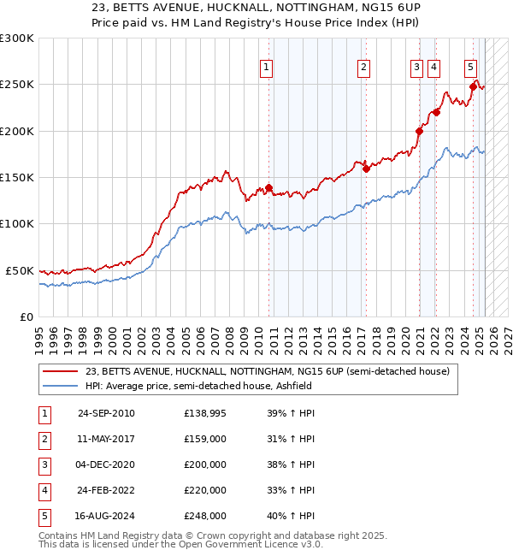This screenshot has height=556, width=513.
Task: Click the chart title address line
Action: [256, 8]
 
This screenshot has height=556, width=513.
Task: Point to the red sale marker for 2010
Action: [268, 187]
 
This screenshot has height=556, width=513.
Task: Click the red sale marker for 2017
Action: [366, 169]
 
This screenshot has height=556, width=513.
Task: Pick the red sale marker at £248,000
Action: [473, 86]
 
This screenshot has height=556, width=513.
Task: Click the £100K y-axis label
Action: [18, 223]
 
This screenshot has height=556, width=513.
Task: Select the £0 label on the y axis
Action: [26, 316]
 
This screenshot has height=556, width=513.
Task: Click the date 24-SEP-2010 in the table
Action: [106, 413]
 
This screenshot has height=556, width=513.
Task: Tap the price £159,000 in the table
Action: [205, 439]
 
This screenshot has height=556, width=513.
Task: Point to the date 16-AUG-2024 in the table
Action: [106, 516]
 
